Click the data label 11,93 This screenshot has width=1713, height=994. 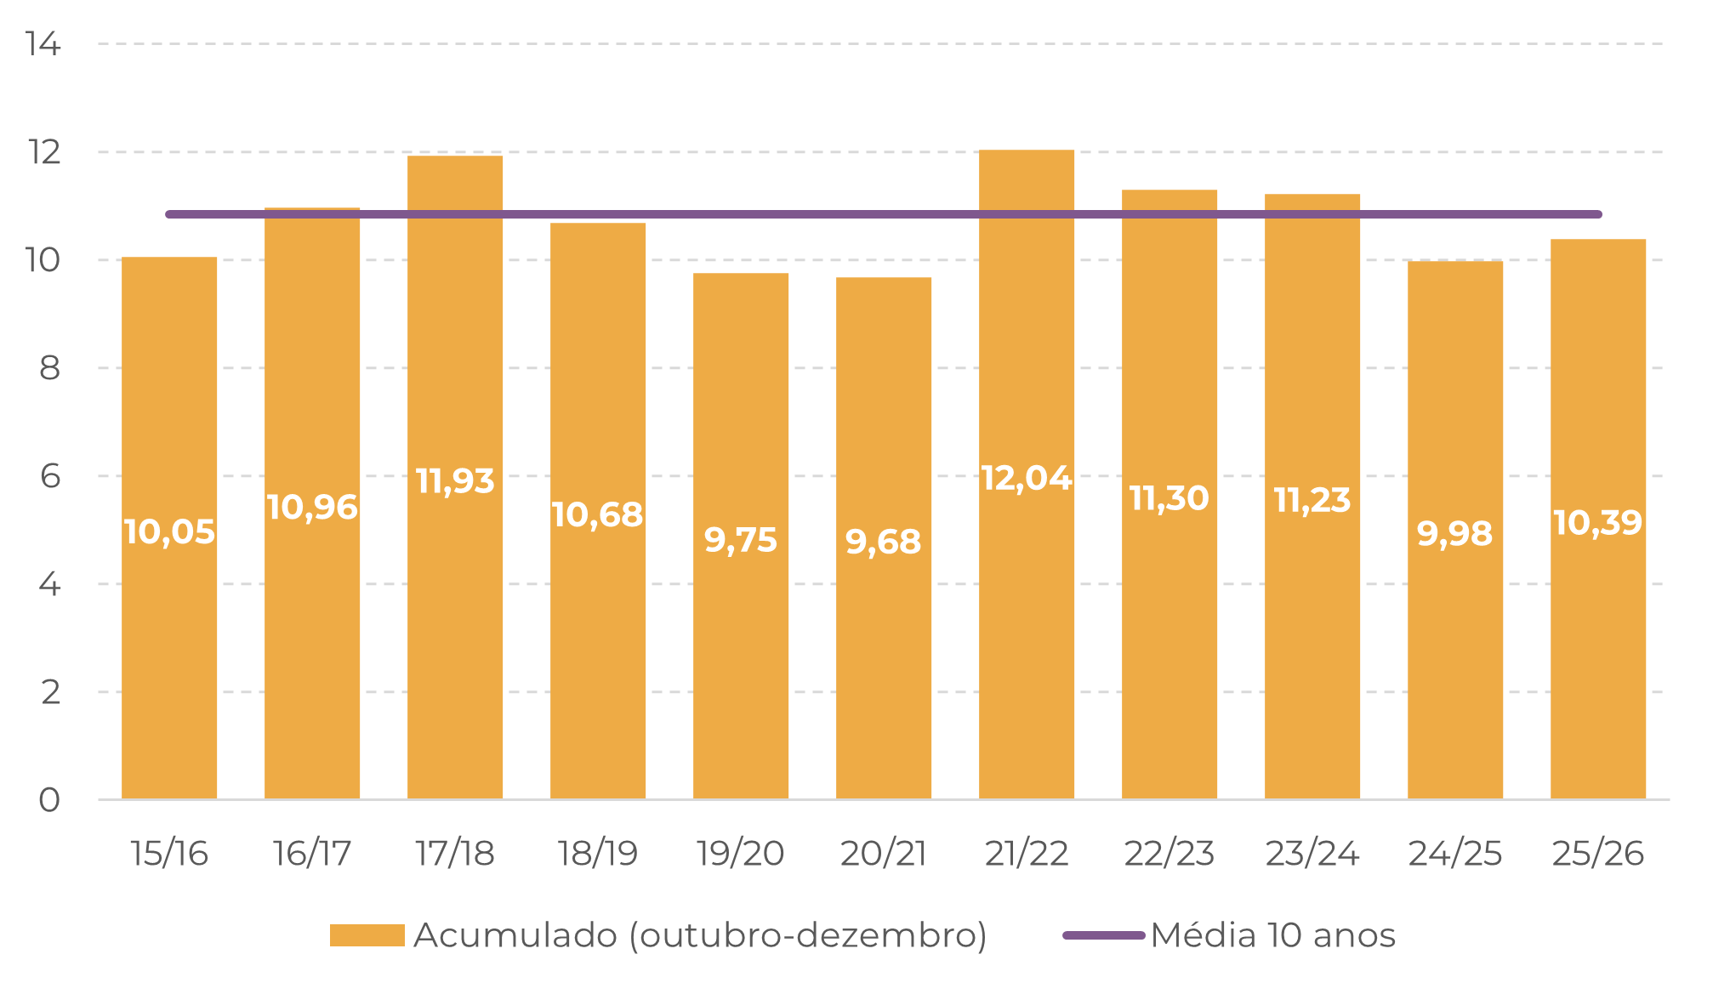click(x=455, y=481)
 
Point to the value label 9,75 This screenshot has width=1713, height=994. click(x=741, y=540)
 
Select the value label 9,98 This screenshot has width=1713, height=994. click(x=1454, y=534)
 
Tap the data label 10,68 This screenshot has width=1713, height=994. click(x=597, y=515)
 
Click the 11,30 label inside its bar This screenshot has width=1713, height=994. click(x=1169, y=498)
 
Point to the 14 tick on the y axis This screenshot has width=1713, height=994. click(x=43, y=44)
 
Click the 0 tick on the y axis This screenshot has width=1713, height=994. click(x=49, y=800)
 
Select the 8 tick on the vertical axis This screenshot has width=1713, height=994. click(x=49, y=368)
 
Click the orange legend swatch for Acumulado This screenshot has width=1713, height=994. click(x=367, y=935)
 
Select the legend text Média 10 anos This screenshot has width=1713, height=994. click(x=1272, y=935)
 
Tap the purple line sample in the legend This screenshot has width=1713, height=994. click(x=1104, y=935)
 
